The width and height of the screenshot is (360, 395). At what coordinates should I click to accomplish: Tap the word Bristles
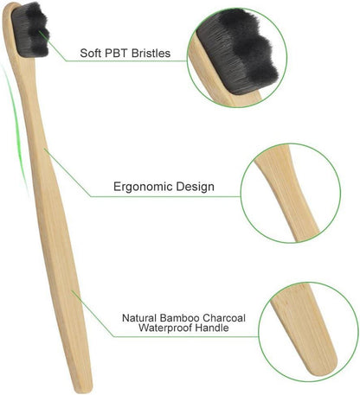151,53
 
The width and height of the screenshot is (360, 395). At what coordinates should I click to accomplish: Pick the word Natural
139,318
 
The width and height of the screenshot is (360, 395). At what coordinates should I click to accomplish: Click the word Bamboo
179,318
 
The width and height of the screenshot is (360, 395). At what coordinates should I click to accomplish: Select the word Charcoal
224,318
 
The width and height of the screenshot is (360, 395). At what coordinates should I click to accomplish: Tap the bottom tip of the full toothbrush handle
85,390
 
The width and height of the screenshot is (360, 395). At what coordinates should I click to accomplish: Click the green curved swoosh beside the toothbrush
16,130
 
